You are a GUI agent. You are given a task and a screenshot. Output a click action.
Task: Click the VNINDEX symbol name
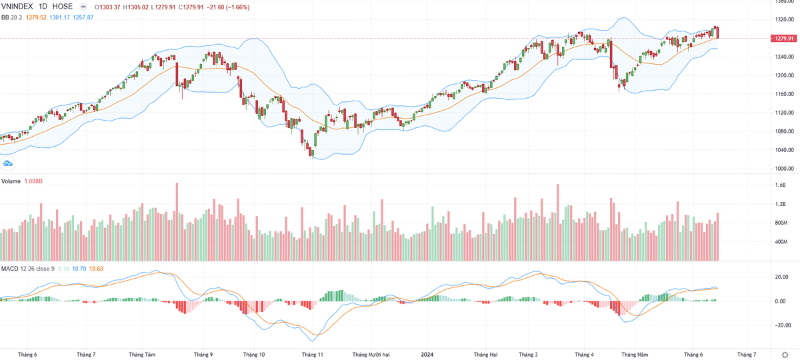pos(17,6)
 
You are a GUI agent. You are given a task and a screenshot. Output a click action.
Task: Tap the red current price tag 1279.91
pos(784,39)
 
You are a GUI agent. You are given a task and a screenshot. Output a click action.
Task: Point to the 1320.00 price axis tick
pos(785,19)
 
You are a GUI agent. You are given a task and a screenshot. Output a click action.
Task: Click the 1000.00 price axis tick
pos(785,169)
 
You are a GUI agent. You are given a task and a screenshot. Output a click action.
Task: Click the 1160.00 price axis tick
pos(785,94)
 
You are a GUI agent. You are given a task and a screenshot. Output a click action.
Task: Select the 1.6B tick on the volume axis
pos(781,185)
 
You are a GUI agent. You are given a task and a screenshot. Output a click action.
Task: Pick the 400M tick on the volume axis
pos(782,242)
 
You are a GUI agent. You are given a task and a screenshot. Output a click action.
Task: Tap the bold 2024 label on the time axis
pos(427,355)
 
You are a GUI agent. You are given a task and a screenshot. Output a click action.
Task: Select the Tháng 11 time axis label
pos(312,355)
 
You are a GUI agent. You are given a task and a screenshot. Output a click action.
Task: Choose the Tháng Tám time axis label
pos(141,355)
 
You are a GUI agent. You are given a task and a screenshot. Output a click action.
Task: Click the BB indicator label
pos(5,17)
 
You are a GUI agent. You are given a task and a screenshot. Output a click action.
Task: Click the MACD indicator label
pos(10,269)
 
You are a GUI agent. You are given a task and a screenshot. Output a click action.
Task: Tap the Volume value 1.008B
pos(34,181)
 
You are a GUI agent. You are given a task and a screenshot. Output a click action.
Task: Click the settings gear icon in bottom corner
pos(784,354)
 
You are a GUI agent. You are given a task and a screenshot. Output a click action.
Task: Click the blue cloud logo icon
pos(8,163)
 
